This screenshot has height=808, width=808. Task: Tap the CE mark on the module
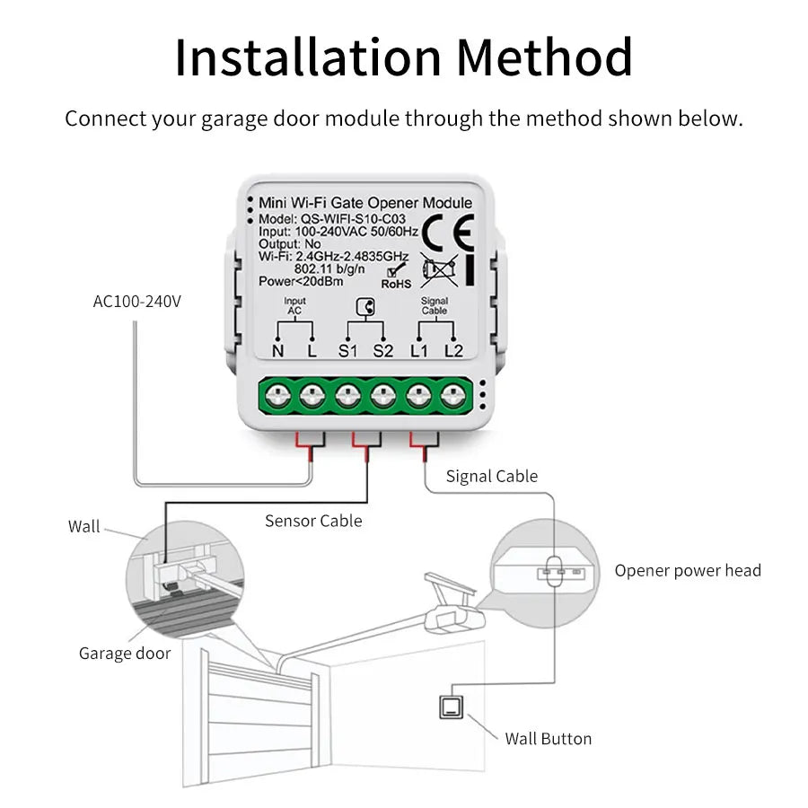[x=447, y=233]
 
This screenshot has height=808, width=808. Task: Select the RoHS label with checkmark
[x=396, y=277]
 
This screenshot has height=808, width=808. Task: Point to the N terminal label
[x=277, y=351]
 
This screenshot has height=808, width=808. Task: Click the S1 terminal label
[x=348, y=351]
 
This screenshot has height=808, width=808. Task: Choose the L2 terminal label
[x=454, y=351]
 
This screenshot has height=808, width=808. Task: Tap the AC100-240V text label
[x=137, y=301]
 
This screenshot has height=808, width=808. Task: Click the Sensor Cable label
[x=313, y=521]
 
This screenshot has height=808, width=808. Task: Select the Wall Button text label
[x=548, y=739]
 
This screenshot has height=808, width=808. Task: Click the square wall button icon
[x=449, y=707]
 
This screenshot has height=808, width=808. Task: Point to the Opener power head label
[x=688, y=570]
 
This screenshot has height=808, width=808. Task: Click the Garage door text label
[x=125, y=653]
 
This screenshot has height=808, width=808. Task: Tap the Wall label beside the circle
[x=84, y=527]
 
